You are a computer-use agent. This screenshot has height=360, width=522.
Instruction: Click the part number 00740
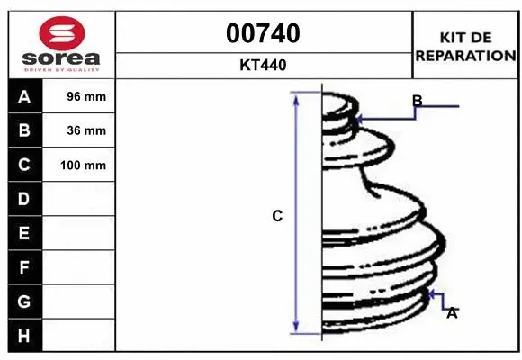[x=264, y=33]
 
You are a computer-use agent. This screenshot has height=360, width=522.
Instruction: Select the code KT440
[x=264, y=65]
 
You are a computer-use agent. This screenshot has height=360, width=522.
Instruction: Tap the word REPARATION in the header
[x=465, y=55]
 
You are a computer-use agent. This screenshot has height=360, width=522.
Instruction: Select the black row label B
[x=23, y=130]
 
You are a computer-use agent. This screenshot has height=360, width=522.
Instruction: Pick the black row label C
[x=23, y=165]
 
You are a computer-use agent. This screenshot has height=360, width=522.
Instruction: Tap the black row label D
[x=23, y=198]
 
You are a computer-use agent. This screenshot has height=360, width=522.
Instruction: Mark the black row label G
[x=23, y=301]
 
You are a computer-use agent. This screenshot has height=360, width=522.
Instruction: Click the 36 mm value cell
[x=86, y=130]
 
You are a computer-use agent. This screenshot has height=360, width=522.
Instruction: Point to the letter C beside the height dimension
[x=277, y=216]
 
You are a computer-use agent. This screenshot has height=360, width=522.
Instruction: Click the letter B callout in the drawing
[x=417, y=101]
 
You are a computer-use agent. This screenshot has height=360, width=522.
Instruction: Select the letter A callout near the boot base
[x=452, y=312]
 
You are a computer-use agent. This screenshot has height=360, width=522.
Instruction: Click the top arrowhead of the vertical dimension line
[x=296, y=96]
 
